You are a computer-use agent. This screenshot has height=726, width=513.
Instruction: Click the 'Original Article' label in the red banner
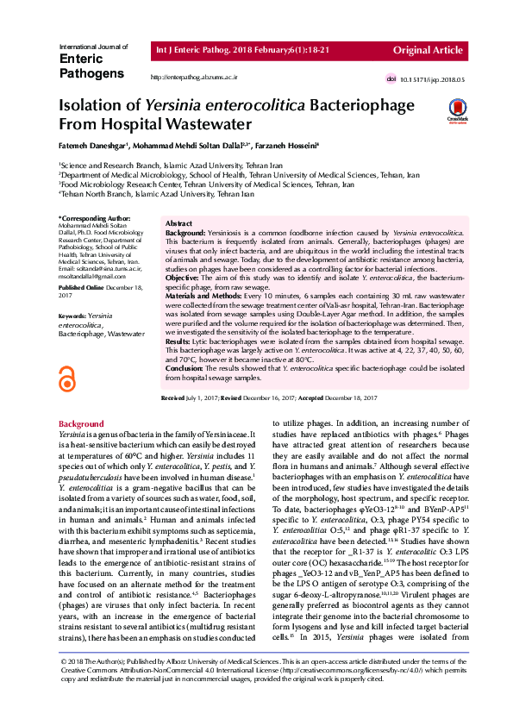coord(429,50)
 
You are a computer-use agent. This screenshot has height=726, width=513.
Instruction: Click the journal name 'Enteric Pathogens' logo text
coord(91,66)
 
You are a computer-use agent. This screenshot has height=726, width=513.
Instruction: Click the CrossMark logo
coord(456,111)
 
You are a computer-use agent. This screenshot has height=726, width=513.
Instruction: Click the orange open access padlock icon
coord(66,381)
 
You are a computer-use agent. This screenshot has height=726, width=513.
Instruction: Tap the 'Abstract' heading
coord(178,223)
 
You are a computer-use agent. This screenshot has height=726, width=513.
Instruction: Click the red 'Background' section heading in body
coord(81,424)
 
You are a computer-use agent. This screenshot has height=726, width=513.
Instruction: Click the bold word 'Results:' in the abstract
coord(178,342)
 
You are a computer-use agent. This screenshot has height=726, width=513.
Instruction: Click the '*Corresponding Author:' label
coord(87,219)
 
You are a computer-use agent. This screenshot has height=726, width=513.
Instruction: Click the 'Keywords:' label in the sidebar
coord(72,316)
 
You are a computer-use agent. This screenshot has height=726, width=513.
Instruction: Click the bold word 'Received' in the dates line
coord(173,398)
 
